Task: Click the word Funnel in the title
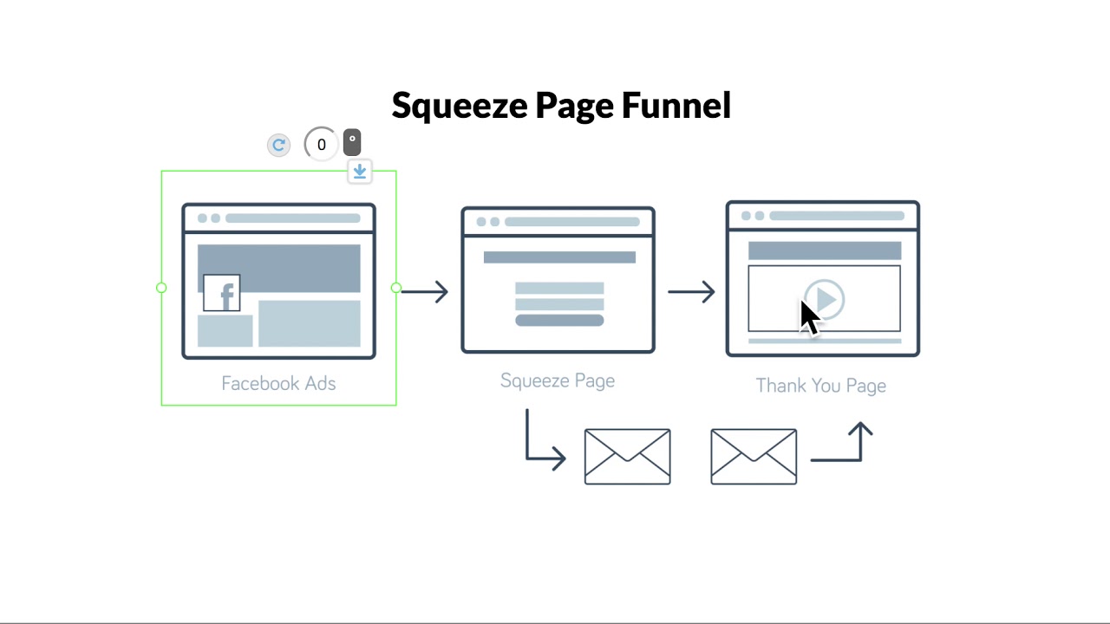click(x=676, y=106)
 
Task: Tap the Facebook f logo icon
click(x=222, y=293)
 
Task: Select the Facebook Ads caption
click(x=278, y=383)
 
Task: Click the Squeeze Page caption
click(x=558, y=380)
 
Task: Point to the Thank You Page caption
click(x=820, y=386)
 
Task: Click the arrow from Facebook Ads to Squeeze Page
click(x=425, y=291)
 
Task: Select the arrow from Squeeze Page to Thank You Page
click(x=691, y=291)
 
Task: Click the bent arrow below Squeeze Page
click(x=542, y=446)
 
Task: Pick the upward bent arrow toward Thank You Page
click(x=846, y=446)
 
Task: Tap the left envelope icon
click(x=627, y=456)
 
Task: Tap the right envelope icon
click(x=754, y=456)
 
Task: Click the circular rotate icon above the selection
click(x=278, y=145)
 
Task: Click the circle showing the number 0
click(x=321, y=145)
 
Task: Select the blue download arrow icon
click(x=359, y=171)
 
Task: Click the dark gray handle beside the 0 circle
click(x=351, y=142)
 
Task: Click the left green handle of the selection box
click(x=161, y=288)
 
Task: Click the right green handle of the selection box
click(x=396, y=288)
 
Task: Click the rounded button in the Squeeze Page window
click(x=559, y=321)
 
